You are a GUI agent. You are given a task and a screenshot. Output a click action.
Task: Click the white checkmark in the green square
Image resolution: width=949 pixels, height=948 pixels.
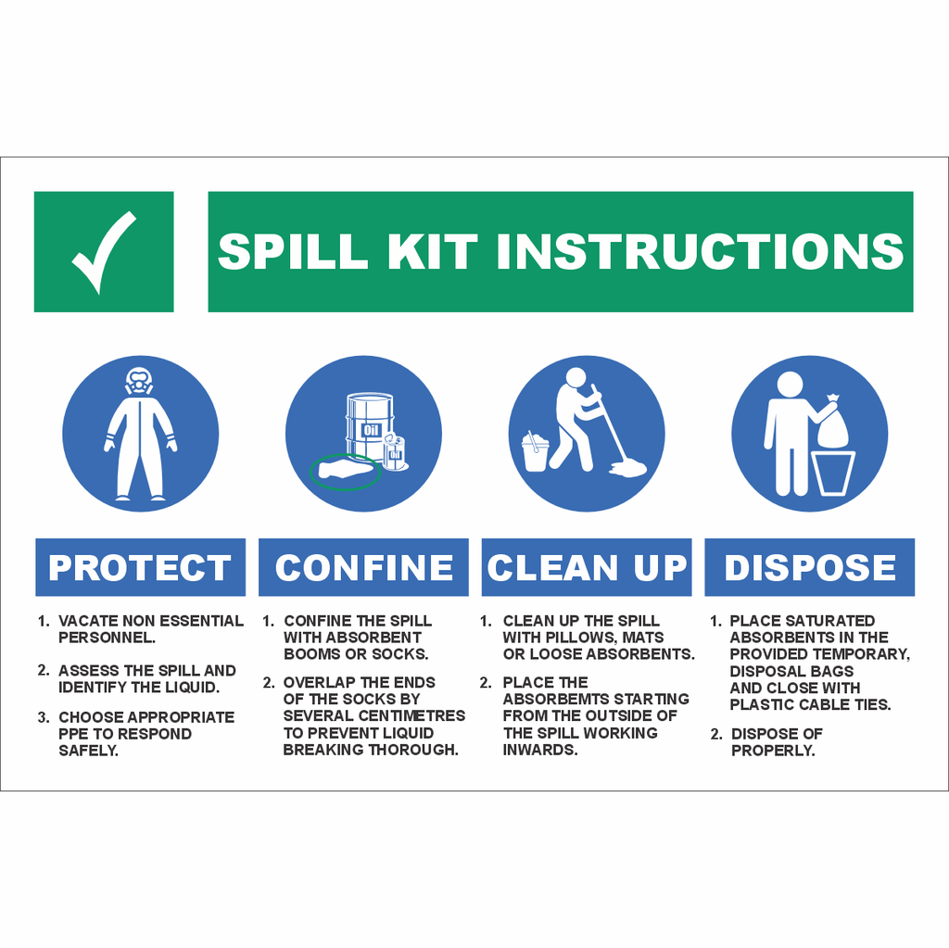[104, 251]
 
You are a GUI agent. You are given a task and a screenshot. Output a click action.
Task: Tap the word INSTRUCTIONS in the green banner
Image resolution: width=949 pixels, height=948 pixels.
[700, 251]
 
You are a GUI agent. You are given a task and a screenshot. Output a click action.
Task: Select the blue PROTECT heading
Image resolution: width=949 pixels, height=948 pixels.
[140, 567]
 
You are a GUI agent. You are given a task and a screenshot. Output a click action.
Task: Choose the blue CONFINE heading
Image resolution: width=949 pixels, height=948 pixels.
[363, 567]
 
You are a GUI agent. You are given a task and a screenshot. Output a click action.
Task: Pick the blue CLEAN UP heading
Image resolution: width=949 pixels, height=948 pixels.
[587, 567]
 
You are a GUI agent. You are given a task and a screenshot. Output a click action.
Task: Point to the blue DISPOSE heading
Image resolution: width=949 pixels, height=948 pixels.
[810, 567]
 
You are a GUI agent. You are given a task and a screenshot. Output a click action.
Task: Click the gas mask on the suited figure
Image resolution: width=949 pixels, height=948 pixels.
[139, 381]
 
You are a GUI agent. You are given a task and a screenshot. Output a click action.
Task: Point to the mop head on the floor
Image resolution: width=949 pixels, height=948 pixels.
[627, 468]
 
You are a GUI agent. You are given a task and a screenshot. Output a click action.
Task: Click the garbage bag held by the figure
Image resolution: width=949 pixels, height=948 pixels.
[830, 424]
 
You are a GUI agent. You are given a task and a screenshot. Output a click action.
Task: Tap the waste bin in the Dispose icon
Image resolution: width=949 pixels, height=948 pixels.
[834, 473]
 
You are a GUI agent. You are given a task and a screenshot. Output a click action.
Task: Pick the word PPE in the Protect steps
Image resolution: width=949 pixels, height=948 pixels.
[74, 733]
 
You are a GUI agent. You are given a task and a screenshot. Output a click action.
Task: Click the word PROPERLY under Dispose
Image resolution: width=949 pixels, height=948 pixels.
[773, 750]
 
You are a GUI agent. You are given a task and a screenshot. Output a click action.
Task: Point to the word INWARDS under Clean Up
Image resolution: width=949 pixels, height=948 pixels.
[540, 750]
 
